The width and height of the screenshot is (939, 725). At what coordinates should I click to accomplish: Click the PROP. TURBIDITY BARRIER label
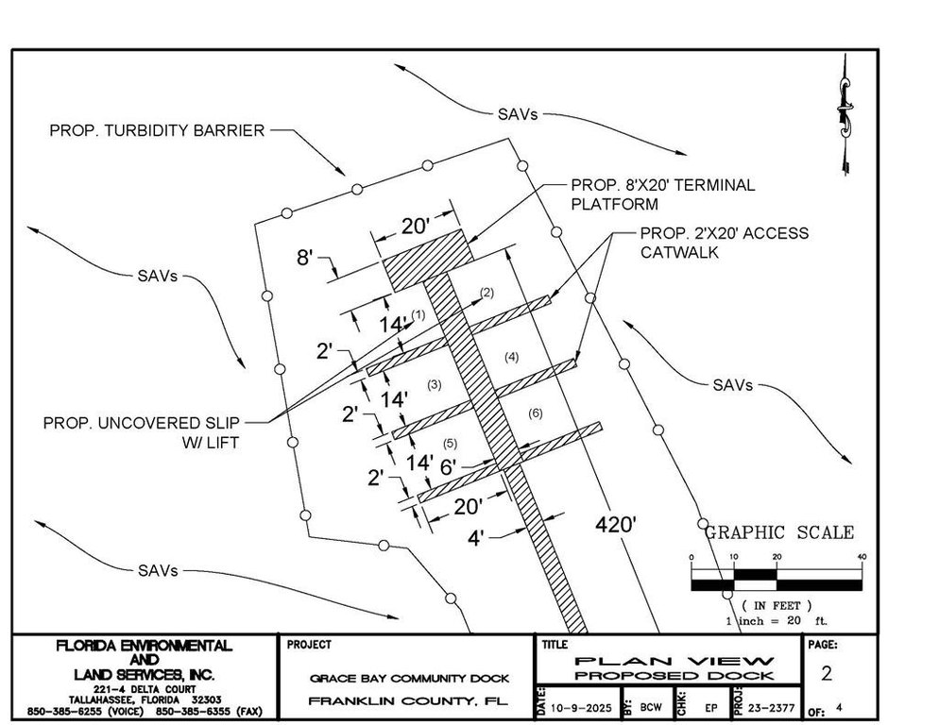tap(157, 131)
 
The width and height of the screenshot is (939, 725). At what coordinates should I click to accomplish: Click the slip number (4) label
tap(511, 357)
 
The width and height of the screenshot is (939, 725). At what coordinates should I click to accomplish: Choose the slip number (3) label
tap(434, 384)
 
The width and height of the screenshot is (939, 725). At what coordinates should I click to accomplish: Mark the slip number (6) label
tap(535, 414)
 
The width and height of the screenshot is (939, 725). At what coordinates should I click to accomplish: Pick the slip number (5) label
tap(450, 443)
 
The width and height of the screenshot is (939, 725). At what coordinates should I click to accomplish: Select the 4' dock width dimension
tap(477, 538)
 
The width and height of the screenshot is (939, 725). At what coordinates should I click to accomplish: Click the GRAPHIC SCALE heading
tap(779, 533)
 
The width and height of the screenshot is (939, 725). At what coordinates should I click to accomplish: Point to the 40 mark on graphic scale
tap(861, 557)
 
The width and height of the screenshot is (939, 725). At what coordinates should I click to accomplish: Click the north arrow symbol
tap(844, 113)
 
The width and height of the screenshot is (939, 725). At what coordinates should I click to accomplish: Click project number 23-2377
tap(768, 707)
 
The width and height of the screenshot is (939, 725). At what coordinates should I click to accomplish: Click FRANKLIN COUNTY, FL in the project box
tap(408, 701)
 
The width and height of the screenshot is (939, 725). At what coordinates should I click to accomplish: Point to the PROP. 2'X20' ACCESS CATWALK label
tap(724, 243)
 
